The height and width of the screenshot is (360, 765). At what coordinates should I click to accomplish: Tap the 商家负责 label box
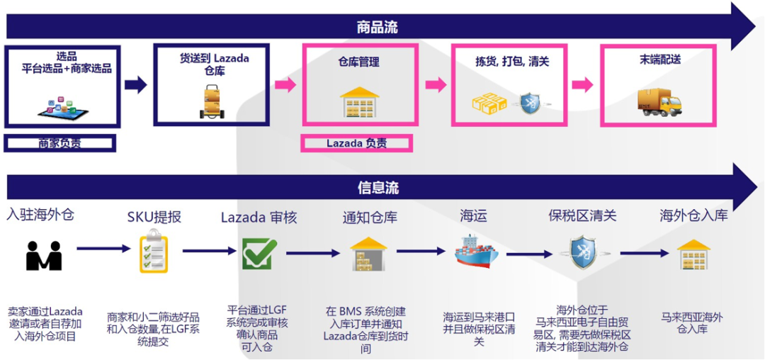[x=59, y=143]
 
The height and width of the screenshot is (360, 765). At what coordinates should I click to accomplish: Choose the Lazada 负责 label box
[x=356, y=143]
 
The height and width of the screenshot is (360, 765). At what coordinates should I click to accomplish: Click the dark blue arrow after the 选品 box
[x=135, y=84]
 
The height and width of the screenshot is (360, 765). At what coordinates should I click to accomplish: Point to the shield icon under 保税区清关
[x=586, y=253]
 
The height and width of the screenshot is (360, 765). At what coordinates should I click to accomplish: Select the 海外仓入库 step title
[x=693, y=215]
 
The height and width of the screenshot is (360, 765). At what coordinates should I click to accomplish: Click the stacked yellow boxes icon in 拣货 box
[x=489, y=103]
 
